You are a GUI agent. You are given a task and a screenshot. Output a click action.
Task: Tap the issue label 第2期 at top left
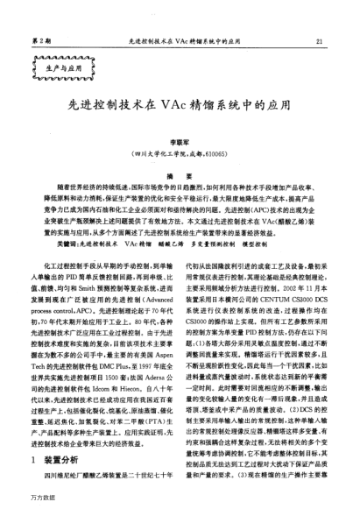click(x=40, y=41)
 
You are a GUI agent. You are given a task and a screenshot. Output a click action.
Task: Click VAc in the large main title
click(x=188, y=101)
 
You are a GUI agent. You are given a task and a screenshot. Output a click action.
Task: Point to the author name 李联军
click(x=180, y=139)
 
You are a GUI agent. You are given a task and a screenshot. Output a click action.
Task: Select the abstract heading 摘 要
click(x=180, y=176)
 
